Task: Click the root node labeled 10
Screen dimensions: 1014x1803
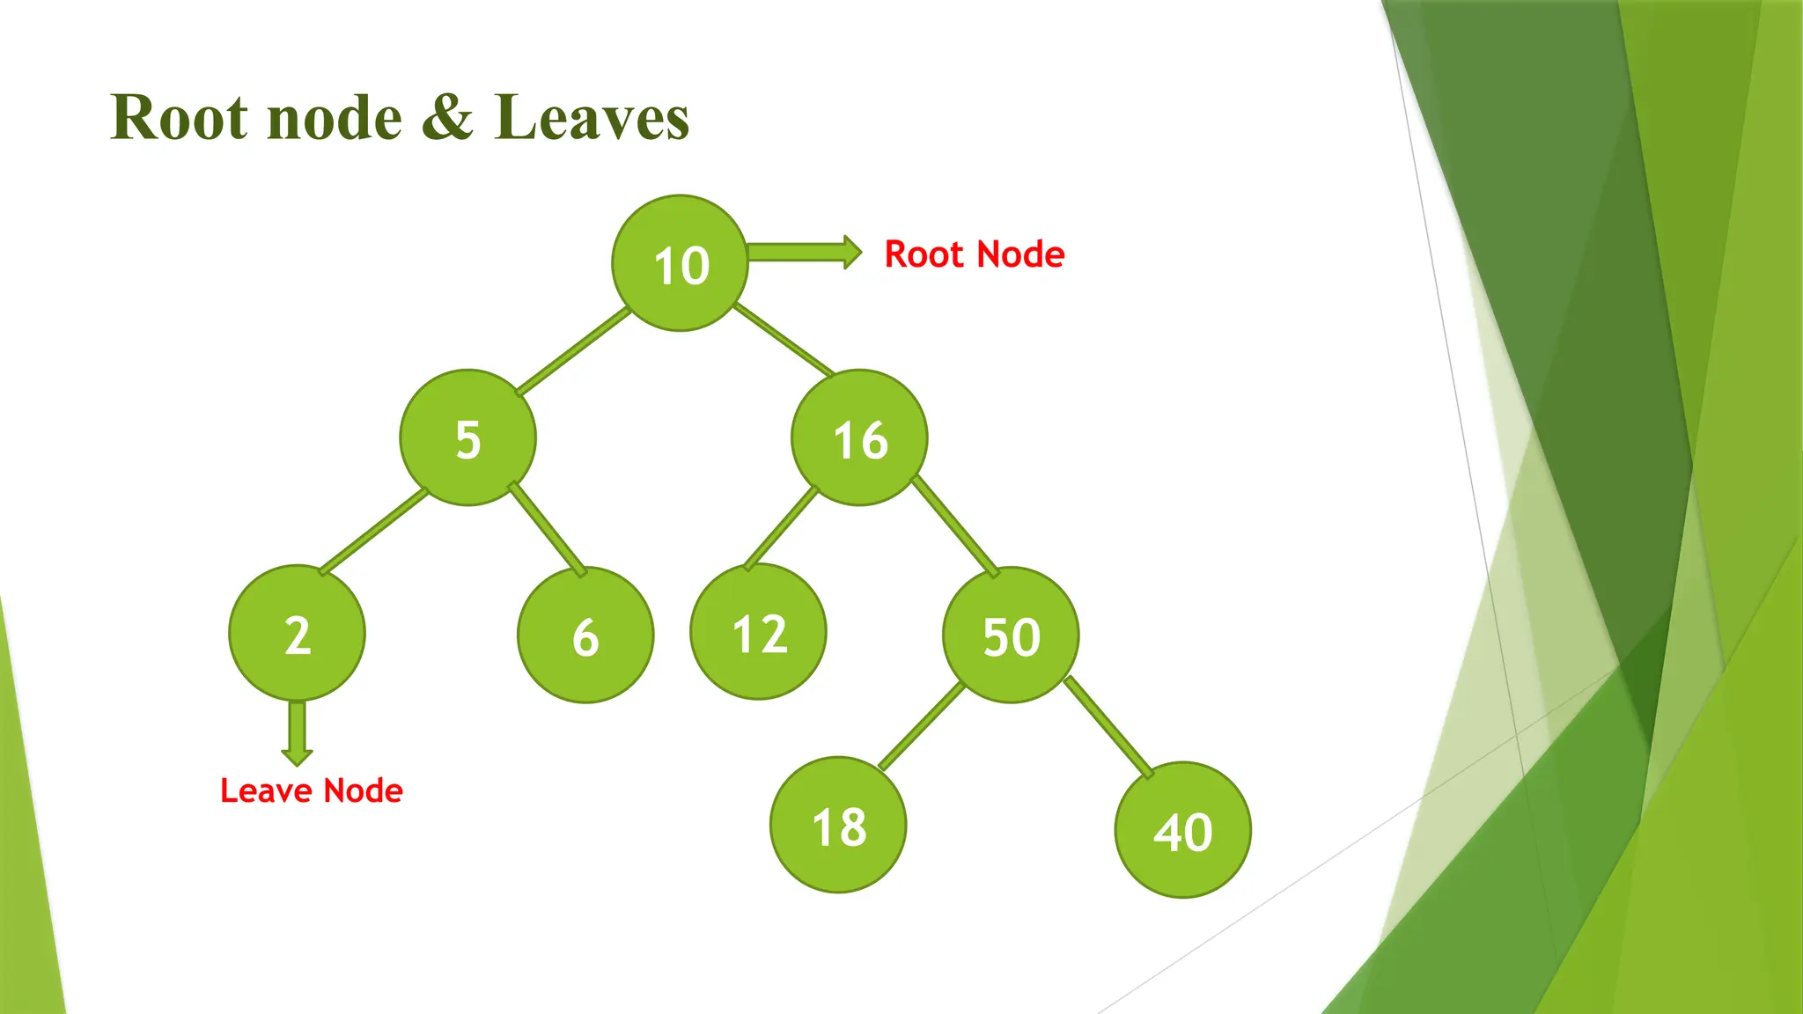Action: [x=680, y=263]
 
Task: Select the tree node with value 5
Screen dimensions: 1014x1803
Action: [x=467, y=437]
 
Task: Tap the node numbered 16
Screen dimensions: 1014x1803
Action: [x=859, y=437]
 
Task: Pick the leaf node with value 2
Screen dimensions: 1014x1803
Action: [x=297, y=633]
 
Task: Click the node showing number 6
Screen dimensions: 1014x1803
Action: [x=585, y=635]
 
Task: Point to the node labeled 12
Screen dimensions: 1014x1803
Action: [x=758, y=632]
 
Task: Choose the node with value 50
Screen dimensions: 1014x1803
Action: [x=1011, y=635]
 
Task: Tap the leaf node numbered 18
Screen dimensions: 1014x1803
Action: [x=838, y=825]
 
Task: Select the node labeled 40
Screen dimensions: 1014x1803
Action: [x=1182, y=830]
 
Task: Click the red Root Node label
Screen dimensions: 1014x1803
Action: [x=975, y=254]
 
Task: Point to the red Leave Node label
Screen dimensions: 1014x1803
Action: [x=312, y=790]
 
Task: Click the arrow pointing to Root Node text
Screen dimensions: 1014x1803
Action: [x=804, y=253]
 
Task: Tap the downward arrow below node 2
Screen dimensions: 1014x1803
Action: [x=298, y=731]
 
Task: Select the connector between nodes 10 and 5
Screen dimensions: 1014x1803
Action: [x=573, y=351]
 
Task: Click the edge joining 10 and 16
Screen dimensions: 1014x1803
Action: [x=784, y=339]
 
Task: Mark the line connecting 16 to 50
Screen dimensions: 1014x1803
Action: [x=954, y=526]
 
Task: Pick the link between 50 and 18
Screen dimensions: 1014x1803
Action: [x=921, y=726]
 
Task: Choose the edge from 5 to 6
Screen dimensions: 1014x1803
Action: [x=547, y=529]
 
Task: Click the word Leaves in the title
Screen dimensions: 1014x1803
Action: [x=592, y=117]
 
